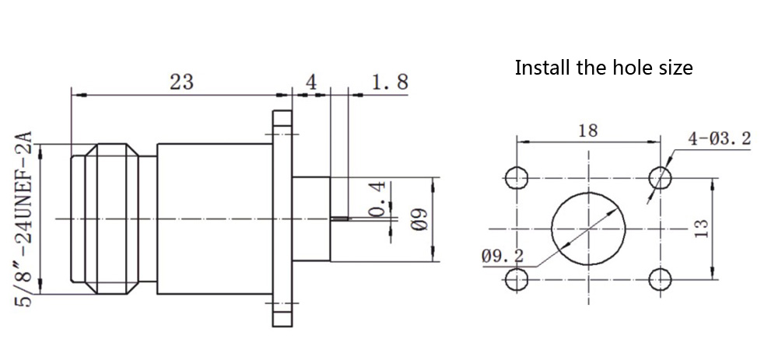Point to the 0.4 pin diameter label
(377, 201)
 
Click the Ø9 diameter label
(418, 218)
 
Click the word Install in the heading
(542, 68)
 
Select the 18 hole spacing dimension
(588, 130)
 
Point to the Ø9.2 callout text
(503, 254)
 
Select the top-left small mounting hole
(516, 178)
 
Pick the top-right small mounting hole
(661, 178)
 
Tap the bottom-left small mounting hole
(516, 278)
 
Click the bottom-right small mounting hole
(661, 278)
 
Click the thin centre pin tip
(341, 218)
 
